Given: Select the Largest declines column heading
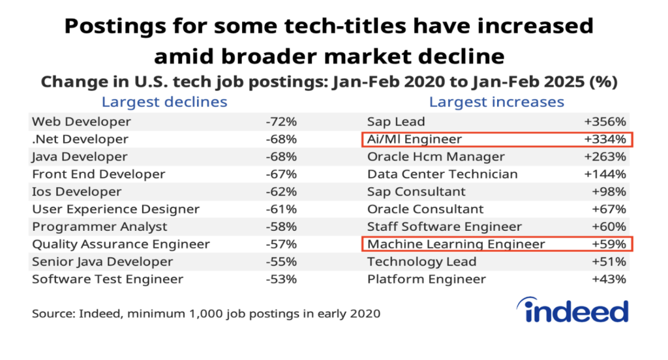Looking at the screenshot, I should [164, 102].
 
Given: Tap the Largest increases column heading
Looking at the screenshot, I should [496, 102].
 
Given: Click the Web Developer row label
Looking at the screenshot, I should [82, 121].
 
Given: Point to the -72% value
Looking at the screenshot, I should [281, 121].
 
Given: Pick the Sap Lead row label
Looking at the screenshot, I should [396, 121].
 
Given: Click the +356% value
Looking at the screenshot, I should [605, 121].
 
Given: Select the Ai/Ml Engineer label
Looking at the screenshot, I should [414, 139].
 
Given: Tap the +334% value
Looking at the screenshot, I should [605, 139].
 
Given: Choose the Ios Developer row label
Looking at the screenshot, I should [77, 192].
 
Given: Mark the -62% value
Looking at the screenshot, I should [281, 192].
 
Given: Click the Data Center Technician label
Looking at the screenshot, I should [442, 174].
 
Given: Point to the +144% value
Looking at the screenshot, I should [605, 174].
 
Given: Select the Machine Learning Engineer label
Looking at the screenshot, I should [456, 245].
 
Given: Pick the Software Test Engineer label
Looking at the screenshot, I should [108, 279].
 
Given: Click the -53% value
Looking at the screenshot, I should [281, 279].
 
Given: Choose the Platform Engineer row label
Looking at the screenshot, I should [427, 279].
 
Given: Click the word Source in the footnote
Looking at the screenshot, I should [52, 314].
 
